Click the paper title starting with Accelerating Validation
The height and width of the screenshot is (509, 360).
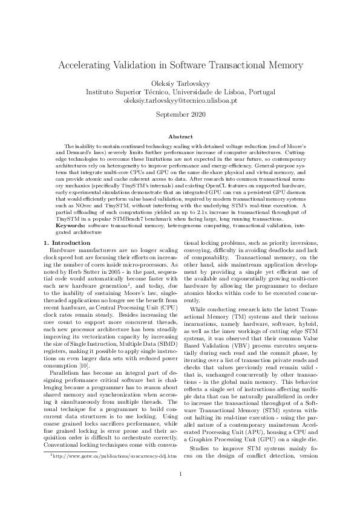[180, 65]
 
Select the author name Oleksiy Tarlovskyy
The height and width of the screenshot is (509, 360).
[180, 83]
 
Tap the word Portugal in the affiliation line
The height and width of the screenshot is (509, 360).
[258, 92]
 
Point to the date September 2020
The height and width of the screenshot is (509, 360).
[180, 114]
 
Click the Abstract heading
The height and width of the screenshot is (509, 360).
[180, 137]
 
